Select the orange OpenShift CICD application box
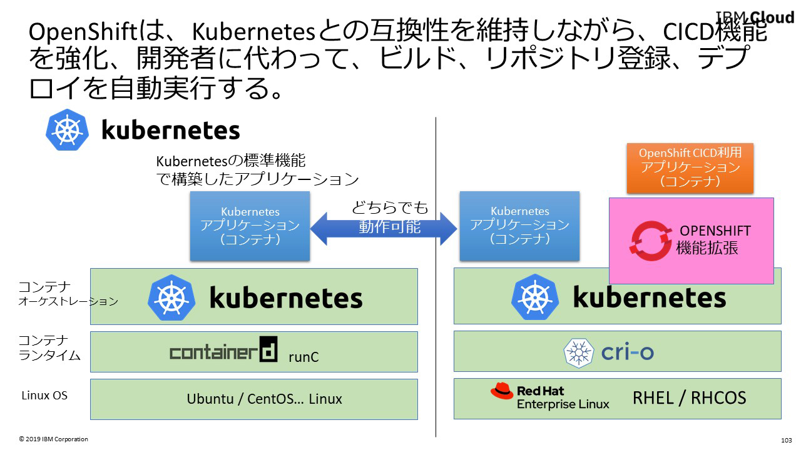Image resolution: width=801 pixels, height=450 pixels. [x=690, y=167]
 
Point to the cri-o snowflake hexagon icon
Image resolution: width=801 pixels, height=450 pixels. [x=579, y=352]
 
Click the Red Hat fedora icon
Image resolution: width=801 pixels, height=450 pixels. [x=502, y=391]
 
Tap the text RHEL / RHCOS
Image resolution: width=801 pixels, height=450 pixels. [x=689, y=398]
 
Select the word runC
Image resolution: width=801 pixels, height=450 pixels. [x=304, y=357]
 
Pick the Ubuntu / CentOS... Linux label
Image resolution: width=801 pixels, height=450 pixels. [x=264, y=399]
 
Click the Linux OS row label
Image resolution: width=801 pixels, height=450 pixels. [x=44, y=396]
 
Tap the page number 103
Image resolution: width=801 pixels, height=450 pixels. [x=787, y=440]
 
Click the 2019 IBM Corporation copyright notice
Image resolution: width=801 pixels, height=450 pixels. [x=53, y=439]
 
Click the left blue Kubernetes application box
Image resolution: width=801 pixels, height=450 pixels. [x=250, y=226]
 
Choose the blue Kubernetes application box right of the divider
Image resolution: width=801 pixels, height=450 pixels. [x=519, y=226]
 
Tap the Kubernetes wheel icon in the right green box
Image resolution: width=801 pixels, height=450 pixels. [x=534, y=297]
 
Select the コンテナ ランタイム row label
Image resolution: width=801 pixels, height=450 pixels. [x=49, y=348]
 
